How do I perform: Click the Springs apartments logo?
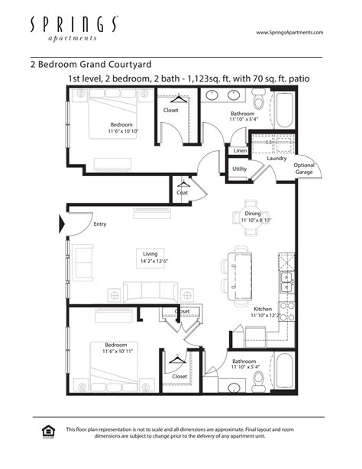pyautogui.click(x=73, y=28)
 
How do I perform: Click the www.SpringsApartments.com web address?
pyautogui.click(x=289, y=33)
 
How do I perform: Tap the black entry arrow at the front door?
pyautogui.click(x=63, y=224)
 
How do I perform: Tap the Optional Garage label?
pyautogui.click(x=304, y=169)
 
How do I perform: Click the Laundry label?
pyautogui.click(x=276, y=158)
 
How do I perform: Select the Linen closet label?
pyautogui.click(x=241, y=150)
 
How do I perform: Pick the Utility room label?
pyautogui.click(x=239, y=169)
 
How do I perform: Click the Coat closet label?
pyautogui.click(x=183, y=193)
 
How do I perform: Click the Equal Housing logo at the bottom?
pyautogui.click(x=47, y=432)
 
